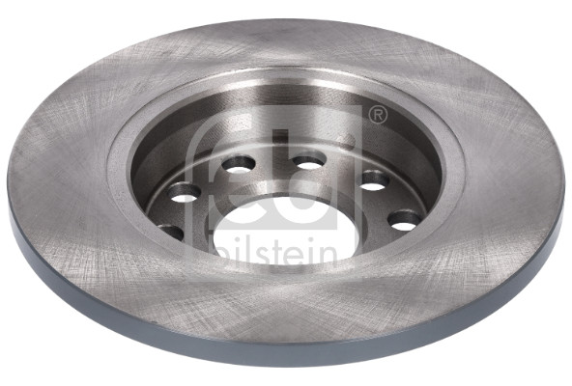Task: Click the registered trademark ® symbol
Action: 378,116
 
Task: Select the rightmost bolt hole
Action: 405,221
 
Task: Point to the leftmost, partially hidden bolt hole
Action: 170,233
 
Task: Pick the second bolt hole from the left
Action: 185,193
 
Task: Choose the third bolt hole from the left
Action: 239,164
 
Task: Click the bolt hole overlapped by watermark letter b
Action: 309,160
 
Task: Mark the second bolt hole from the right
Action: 374,180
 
